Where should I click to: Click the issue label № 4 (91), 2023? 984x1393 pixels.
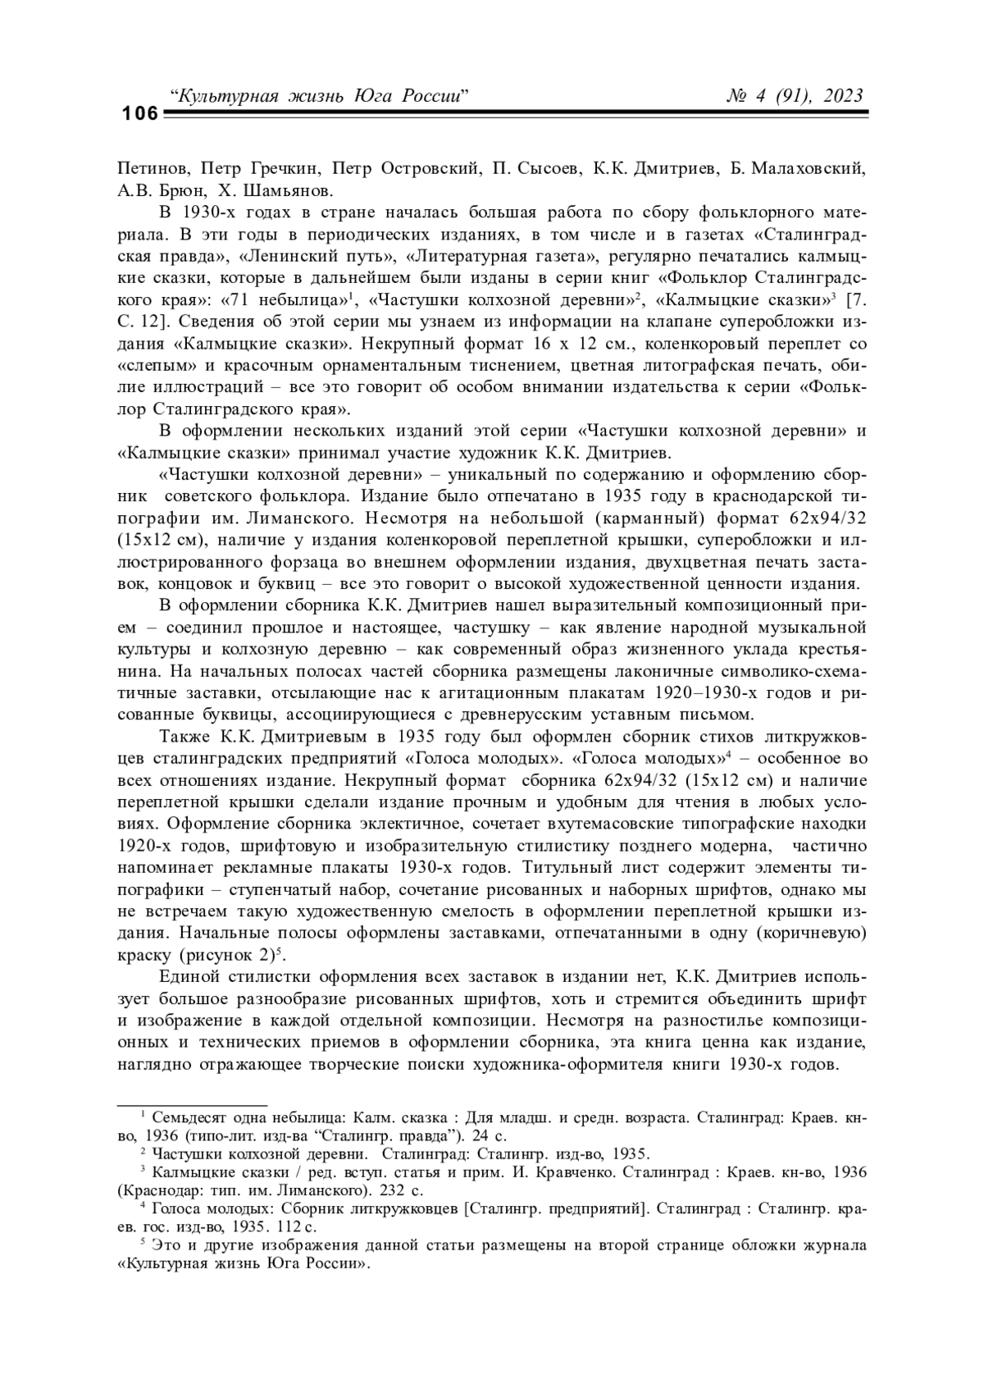[x=795, y=96]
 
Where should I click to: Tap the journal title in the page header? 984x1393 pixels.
[x=318, y=96]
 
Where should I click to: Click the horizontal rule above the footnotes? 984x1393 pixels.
[x=192, y=1105]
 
